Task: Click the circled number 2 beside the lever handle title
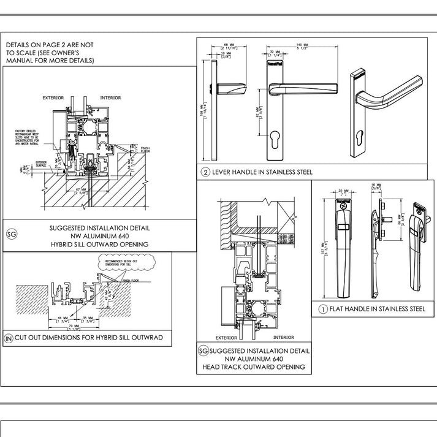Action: tap(206, 172)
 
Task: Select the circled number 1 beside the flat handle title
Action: tap(322, 310)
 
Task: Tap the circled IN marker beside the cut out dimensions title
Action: tap(9, 338)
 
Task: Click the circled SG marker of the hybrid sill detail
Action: tap(11, 234)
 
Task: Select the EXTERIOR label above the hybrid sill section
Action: tap(53, 98)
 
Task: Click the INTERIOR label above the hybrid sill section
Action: tap(110, 98)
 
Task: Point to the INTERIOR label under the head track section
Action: tap(283, 338)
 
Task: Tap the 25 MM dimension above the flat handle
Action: tap(341, 192)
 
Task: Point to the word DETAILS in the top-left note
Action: tap(18, 45)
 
